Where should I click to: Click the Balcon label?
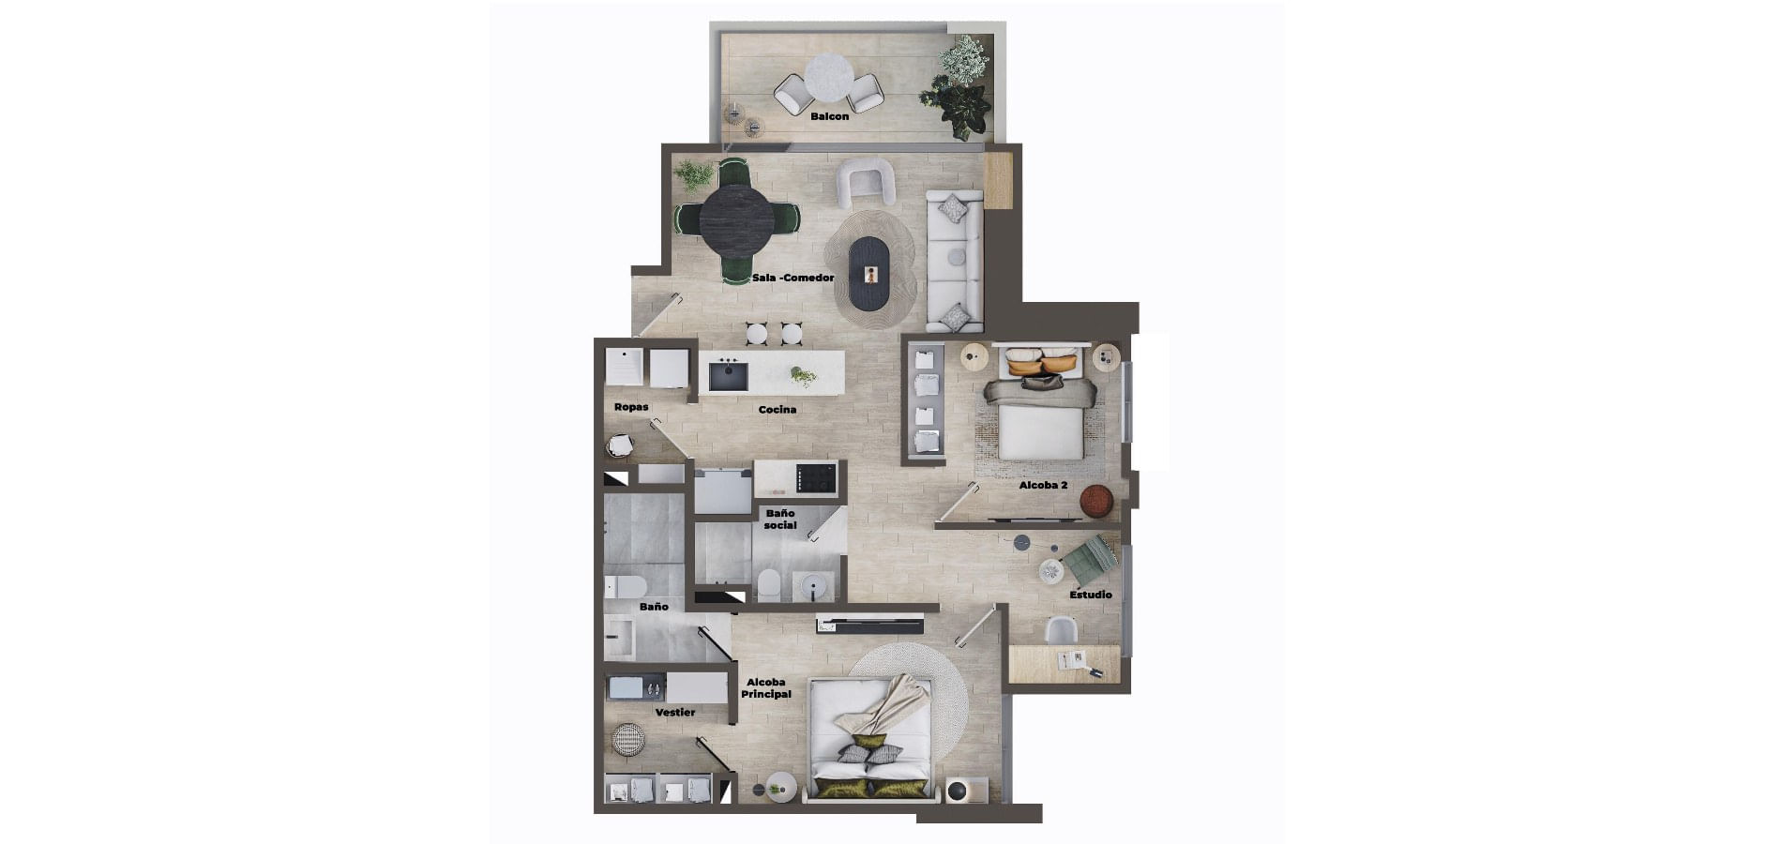pos(829,116)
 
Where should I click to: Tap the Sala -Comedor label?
pos(793,278)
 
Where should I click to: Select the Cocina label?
pos(778,409)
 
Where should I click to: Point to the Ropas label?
pos(631,407)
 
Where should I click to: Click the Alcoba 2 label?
pos(1043,486)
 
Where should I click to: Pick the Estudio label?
pos(1091,595)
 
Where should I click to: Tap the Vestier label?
pos(675,713)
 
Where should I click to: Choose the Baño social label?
pos(780,520)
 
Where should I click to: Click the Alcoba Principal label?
pos(766,688)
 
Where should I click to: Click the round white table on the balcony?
pos(829,76)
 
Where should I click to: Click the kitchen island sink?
pos(728,375)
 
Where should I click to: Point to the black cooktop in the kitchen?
pos(815,478)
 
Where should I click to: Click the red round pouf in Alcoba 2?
pos(1095,502)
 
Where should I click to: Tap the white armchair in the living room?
pos(865,182)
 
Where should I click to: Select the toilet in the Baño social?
pos(768,585)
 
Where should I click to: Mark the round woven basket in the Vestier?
pos(628,740)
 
